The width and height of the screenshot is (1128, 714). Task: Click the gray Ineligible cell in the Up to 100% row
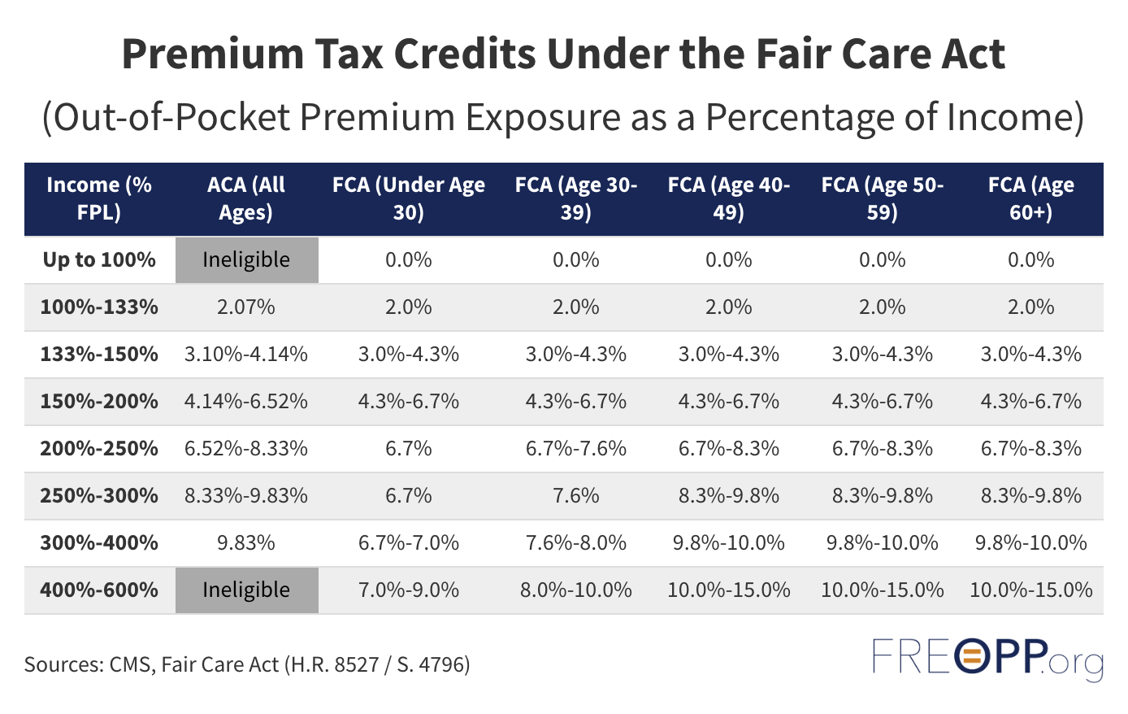point(246,260)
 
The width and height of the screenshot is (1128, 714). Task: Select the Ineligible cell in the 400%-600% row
point(246,590)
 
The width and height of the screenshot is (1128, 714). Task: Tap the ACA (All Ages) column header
point(246,198)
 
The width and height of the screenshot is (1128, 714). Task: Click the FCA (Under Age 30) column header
point(408,198)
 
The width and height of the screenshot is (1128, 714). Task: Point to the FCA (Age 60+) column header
point(1030,198)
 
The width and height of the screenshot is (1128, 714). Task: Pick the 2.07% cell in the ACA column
point(246,307)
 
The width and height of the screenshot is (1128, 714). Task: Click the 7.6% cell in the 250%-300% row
point(575,496)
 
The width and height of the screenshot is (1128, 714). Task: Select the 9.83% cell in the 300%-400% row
point(246,542)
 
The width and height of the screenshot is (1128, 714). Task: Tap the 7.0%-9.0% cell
point(408,590)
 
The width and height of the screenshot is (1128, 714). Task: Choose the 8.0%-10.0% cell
point(575,590)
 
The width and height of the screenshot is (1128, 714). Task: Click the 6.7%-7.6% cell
point(575,449)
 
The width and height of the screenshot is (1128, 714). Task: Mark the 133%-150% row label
point(99,355)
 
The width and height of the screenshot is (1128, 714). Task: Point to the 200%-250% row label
point(99,449)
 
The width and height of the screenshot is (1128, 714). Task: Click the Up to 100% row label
point(99,260)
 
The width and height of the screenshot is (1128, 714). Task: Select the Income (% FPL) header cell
point(99,198)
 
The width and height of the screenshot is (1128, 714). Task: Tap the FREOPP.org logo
point(987,658)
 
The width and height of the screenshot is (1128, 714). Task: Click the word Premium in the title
point(210,54)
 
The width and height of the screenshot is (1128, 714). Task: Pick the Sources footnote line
point(247,664)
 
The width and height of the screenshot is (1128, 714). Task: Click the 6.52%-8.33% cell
point(246,449)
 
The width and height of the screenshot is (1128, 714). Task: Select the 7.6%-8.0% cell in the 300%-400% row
point(575,542)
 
